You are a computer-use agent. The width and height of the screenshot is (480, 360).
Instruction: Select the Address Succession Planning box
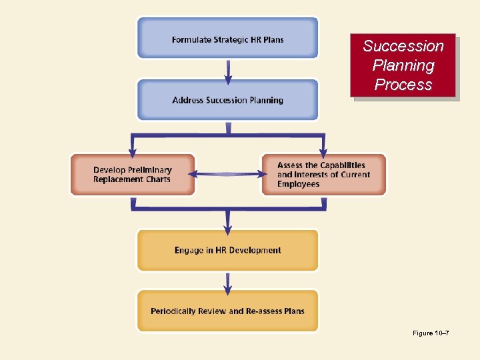[x=227, y=100]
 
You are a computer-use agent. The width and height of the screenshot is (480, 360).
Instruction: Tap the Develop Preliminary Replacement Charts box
[x=133, y=175]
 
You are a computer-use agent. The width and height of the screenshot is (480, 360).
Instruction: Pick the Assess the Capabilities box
[x=323, y=175]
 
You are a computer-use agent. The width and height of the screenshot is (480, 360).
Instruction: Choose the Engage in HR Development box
[x=227, y=250]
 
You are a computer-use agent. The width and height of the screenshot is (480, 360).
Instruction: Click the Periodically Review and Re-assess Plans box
[x=227, y=311]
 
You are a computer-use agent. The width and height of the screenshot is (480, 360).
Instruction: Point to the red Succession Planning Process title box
[x=403, y=65]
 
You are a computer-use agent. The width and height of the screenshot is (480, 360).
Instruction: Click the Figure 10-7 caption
[x=431, y=333]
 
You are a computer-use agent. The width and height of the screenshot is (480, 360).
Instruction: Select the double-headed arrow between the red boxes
[x=228, y=175]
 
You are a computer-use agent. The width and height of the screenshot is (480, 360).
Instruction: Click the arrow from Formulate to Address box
[x=228, y=71]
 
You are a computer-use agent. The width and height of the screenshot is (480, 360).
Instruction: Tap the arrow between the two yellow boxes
[x=228, y=282]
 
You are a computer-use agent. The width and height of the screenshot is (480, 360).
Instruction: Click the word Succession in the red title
[x=403, y=46]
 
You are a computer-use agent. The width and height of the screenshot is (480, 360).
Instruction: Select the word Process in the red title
[x=403, y=85]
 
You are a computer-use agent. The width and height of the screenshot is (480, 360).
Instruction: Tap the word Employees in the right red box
[x=298, y=184]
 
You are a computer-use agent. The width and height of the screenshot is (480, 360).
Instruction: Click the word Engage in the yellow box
[x=189, y=251]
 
